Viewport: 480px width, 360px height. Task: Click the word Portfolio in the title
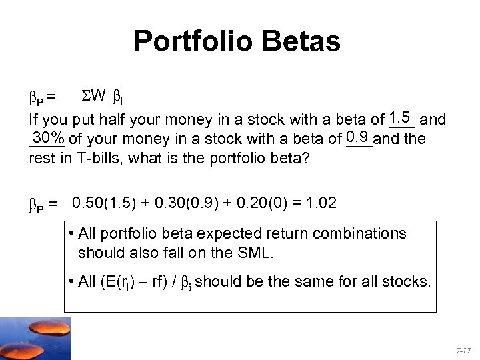[x=193, y=41]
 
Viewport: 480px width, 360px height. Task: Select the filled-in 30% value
[x=49, y=138]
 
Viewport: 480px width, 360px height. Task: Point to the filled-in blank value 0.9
[x=359, y=138]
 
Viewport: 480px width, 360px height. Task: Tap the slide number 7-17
[x=463, y=350]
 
